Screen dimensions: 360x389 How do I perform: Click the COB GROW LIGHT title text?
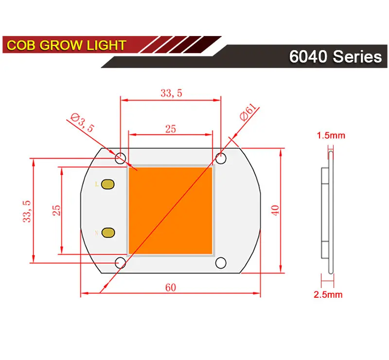(x=67, y=46)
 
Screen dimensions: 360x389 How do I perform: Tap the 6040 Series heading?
(x=335, y=56)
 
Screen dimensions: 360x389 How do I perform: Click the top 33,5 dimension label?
(x=171, y=93)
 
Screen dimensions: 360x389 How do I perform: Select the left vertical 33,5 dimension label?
(x=27, y=211)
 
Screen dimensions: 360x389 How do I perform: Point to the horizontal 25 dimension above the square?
(x=170, y=129)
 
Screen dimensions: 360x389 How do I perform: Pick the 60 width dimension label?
(x=170, y=287)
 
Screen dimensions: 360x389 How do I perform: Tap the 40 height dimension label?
(x=275, y=211)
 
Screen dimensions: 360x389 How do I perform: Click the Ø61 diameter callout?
(x=248, y=115)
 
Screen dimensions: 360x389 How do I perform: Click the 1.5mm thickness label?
(x=331, y=135)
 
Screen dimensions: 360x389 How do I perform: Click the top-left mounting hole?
(x=120, y=158)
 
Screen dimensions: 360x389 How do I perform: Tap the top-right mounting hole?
(x=221, y=158)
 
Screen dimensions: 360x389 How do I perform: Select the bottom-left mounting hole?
(x=120, y=263)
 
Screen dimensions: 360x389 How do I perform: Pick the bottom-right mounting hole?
(x=221, y=263)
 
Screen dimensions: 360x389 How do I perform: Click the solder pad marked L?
(x=108, y=184)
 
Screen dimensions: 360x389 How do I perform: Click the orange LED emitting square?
(x=170, y=210)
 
